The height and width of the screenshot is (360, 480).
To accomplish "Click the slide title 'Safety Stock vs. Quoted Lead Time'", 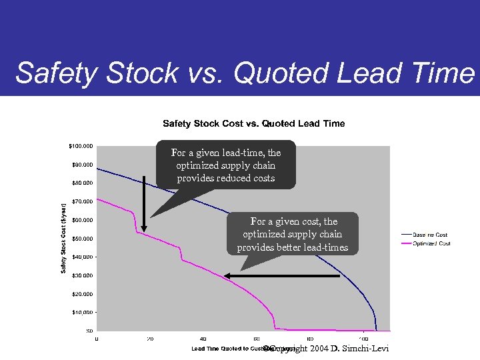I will (244, 73).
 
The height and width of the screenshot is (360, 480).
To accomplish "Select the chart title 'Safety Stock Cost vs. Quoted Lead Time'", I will (254, 123).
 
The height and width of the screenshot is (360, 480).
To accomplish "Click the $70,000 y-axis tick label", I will (82, 201).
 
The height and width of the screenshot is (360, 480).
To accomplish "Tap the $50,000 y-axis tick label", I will (82, 239).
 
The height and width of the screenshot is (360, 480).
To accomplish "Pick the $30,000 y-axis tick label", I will (82, 275).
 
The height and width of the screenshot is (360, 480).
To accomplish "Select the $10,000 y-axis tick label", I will (82, 312).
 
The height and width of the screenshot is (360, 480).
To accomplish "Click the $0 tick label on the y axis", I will (89, 331).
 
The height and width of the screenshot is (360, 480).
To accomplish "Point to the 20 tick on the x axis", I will (150, 339).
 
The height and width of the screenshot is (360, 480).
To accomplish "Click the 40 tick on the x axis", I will (203, 339).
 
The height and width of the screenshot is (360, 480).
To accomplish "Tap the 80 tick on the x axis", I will (310, 339).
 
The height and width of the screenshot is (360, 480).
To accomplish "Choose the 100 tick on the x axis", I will (363, 339).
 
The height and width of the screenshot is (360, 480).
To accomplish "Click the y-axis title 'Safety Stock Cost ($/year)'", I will (64, 238).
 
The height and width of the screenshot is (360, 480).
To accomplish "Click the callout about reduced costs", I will (226, 165).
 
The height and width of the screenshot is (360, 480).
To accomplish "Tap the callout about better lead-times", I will (293, 234).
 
